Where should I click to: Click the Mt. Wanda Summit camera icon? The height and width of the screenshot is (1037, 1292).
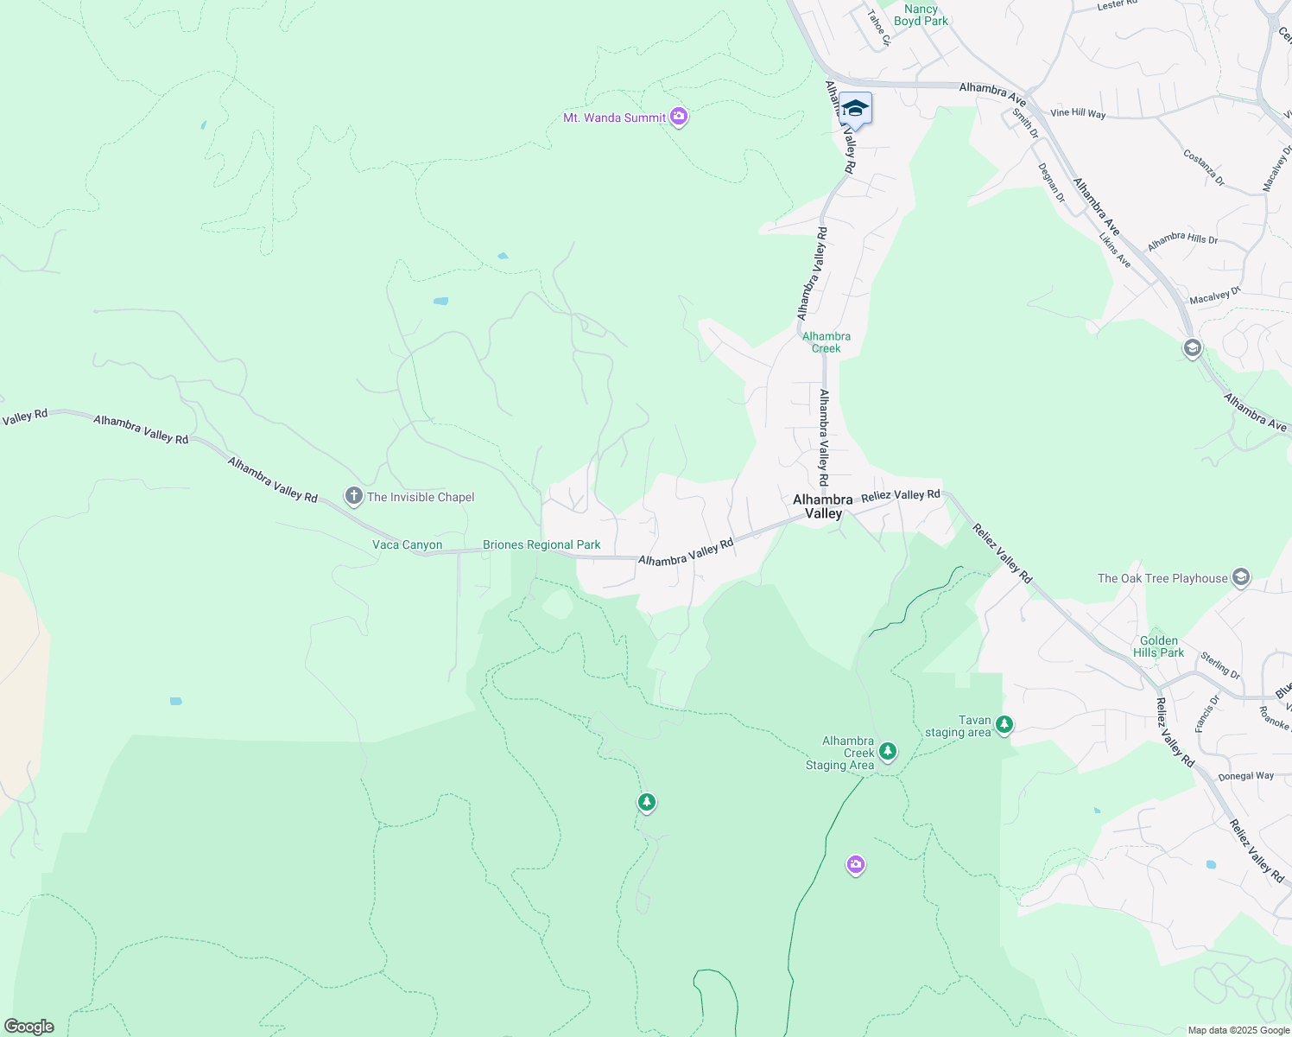click(x=679, y=116)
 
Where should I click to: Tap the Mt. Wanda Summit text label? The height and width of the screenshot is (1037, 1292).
click(x=614, y=118)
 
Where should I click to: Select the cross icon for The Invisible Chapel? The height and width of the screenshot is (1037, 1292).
click(x=353, y=496)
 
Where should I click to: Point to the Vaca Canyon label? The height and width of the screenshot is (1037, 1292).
click(x=407, y=545)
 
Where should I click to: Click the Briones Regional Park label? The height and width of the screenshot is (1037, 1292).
click(x=541, y=545)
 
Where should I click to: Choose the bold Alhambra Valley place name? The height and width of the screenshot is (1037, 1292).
click(x=823, y=506)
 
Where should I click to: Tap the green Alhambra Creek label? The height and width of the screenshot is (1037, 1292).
click(x=826, y=342)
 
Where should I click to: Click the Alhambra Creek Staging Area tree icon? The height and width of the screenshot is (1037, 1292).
click(x=888, y=751)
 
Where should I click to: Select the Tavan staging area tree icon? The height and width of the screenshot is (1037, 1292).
click(x=1004, y=724)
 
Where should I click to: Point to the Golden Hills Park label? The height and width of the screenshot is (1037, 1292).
click(x=1158, y=647)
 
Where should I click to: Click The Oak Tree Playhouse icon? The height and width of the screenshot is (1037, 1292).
click(x=1241, y=577)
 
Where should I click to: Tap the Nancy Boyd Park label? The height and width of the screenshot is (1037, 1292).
click(x=921, y=15)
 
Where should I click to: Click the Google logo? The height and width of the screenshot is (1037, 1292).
click(x=29, y=1027)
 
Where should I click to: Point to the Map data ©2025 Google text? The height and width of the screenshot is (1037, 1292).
click(x=1238, y=1030)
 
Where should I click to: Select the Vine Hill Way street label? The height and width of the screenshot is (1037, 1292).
click(x=1077, y=113)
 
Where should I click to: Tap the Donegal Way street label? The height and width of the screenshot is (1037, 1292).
click(x=1245, y=776)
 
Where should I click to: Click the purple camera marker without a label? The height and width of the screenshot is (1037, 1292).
click(x=856, y=864)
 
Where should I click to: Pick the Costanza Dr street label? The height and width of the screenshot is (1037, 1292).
click(x=1203, y=168)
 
